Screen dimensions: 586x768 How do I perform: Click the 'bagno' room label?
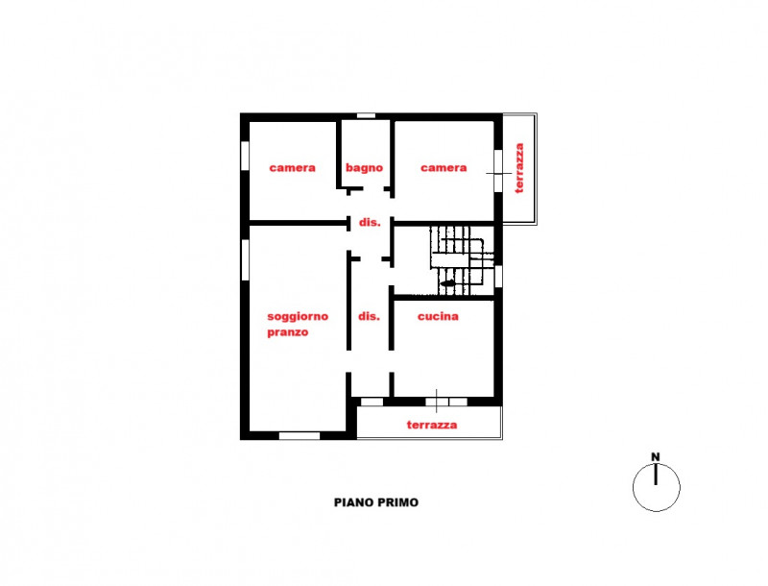(x=365, y=167)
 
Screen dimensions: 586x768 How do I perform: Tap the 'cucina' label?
(x=438, y=316)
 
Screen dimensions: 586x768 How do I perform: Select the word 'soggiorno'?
(x=298, y=316)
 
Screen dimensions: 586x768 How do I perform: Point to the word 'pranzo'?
(x=288, y=332)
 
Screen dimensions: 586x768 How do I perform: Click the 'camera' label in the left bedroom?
(x=292, y=167)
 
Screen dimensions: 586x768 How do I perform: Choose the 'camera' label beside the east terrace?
(x=444, y=167)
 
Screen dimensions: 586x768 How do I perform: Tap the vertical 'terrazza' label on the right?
(x=519, y=169)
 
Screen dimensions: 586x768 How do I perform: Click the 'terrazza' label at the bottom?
(x=431, y=425)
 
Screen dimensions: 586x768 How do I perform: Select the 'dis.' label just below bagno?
(x=370, y=222)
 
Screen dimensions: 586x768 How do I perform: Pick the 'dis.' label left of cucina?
(x=370, y=316)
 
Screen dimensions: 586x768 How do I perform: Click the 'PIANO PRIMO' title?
(x=376, y=501)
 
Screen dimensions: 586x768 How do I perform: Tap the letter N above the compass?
(x=656, y=457)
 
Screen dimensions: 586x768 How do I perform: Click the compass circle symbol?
(x=657, y=487)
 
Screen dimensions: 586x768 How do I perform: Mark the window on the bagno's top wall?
(x=366, y=115)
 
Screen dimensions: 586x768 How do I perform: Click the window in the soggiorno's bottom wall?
(x=299, y=435)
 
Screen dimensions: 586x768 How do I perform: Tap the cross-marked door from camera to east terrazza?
(x=497, y=171)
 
